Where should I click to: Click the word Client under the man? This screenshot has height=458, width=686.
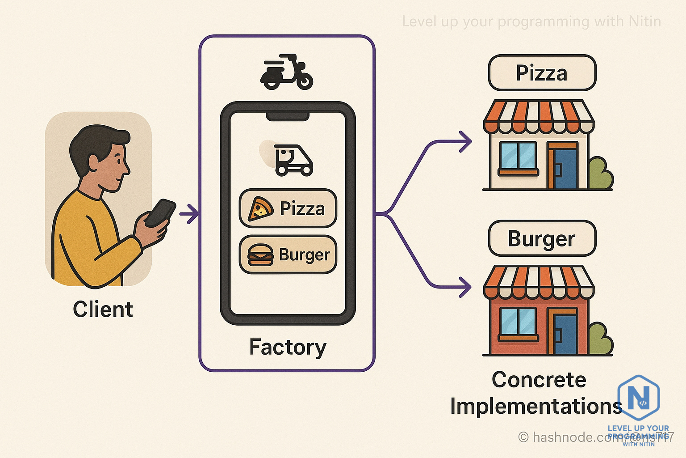(x=103, y=310)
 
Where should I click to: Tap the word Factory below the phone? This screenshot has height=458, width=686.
(x=288, y=347)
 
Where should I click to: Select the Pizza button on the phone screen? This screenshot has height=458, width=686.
(x=288, y=208)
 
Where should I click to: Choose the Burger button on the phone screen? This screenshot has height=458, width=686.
(x=288, y=254)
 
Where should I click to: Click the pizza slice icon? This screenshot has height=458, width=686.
(x=260, y=209)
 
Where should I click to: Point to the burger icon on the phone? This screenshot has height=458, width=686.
(x=260, y=255)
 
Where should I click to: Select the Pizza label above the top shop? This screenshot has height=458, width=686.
(x=542, y=73)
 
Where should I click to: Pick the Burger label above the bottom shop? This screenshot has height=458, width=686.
(x=542, y=238)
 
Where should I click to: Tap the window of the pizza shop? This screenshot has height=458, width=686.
(x=518, y=156)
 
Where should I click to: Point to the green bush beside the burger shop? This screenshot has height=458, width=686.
(x=600, y=339)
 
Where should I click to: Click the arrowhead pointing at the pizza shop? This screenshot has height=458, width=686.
(x=466, y=142)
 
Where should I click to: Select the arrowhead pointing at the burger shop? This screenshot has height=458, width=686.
(x=466, y=287)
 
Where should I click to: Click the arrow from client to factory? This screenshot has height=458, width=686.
(x=189, y=214)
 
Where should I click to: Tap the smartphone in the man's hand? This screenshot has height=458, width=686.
(x=160, y=212)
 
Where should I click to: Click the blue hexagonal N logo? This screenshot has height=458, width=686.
(x=639, y=396)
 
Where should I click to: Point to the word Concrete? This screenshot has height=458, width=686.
(x=539, y=380)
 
